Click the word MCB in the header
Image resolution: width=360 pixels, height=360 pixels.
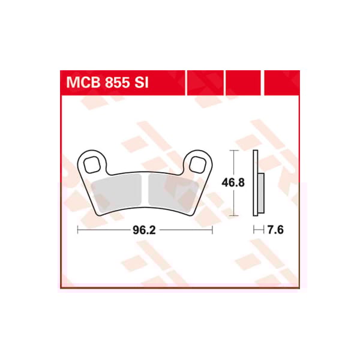[x=82, y=83]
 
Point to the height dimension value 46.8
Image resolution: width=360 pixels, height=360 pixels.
[x=235, y=183]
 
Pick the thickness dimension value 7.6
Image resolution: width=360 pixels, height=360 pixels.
[x=275, y=229]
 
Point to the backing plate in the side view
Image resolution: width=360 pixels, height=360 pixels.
[x=256, y=183]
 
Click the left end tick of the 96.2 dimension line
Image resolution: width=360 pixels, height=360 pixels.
[x=78, y=229]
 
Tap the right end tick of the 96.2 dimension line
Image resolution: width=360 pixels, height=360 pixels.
[x=213, y=229]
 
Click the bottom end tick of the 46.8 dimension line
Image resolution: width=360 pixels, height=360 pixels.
[x=235, y=215]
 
